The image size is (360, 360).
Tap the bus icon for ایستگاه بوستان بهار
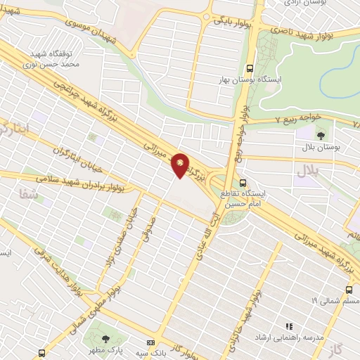tap(250, 68)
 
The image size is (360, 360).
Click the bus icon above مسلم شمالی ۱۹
tap(349, 290)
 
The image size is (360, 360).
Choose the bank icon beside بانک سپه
tap(150, 342)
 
